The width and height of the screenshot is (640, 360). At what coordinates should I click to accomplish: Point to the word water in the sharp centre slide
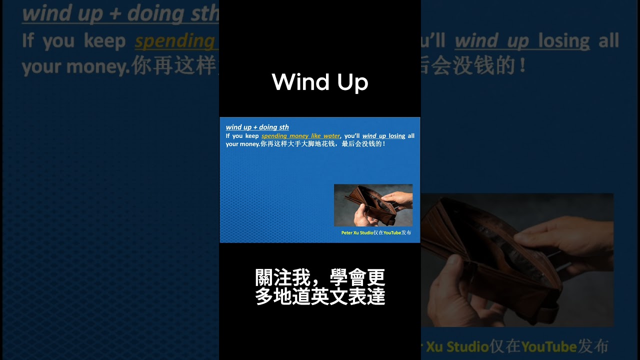click(x=331, y=136)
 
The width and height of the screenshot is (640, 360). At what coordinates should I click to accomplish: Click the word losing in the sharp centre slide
click(x=397, y=136)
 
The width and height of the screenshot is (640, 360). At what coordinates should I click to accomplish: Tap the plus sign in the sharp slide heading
click(x=255, y=127)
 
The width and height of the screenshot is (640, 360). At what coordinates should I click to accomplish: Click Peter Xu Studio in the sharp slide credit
click(x=357, y=233)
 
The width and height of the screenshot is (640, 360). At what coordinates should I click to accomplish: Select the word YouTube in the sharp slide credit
click(x=392, y=233)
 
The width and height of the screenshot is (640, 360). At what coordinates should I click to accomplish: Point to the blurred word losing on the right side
click(x=563, y=41)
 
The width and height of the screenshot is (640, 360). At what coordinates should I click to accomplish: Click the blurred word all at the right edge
click(x=608, y=40)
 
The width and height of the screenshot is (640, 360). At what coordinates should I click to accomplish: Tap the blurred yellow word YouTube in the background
click(x=548, y=346)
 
